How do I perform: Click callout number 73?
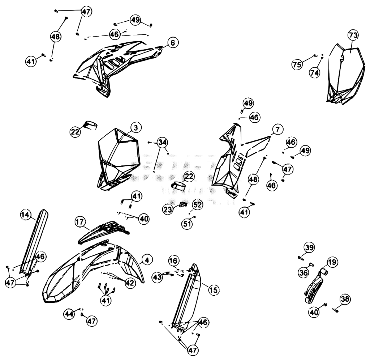353,35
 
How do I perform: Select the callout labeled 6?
173,43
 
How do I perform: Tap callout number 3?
136,128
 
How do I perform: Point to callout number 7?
277,130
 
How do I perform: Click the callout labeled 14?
25,215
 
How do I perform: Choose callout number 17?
80,222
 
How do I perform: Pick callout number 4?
147,260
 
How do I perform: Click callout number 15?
214,290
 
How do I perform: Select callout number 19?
332,262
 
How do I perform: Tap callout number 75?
297,64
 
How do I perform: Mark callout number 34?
162,142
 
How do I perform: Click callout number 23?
168,209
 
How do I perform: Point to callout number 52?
198,204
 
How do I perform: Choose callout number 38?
345,299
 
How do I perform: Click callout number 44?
69,314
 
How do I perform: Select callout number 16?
174,261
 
